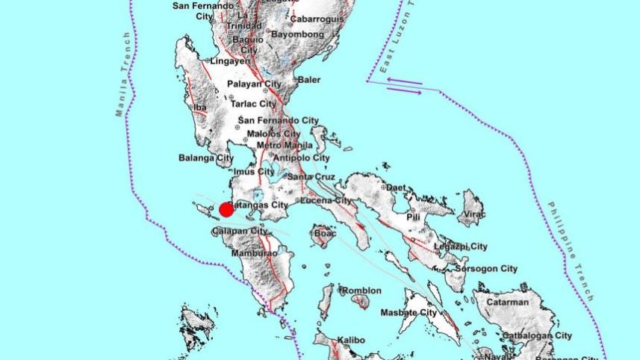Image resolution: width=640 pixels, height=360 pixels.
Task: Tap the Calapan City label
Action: pos(239,231)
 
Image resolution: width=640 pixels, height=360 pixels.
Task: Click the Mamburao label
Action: pos(254,253)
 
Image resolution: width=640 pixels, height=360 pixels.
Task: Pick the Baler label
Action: pos(308,80)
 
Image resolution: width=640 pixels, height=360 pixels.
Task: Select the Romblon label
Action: pos(361,291)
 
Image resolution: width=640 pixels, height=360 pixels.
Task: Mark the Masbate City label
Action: pos(408,312)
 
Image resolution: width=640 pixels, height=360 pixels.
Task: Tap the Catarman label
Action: pos(507,302)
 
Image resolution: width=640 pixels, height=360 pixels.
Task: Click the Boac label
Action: pos(326,234)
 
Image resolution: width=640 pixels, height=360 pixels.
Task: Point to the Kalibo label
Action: pos(350,341)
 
